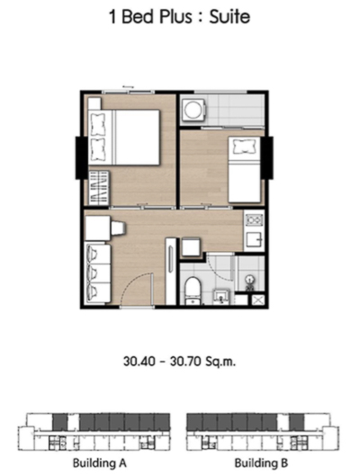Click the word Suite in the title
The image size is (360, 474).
[229, 16]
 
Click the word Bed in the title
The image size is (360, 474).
[138, 16]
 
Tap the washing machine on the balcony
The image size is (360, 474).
[193, 110]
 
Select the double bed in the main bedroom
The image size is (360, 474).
[123, 138]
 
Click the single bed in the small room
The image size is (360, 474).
[244, 169]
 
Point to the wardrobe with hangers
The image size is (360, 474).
[98, 188]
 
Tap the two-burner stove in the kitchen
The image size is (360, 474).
[254, 219]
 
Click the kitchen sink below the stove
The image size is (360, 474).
[254, 239]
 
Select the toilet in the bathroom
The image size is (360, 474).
[193, 291]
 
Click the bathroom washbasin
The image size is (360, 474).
[221, 296]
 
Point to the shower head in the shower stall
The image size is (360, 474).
[250, 281]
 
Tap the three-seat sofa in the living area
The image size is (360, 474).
[97, 273]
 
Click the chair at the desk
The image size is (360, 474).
[118, 228]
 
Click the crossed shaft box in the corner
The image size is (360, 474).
[258, 300]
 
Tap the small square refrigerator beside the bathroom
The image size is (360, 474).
[191, 247]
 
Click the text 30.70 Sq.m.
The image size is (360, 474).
[202, 361]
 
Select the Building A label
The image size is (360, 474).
[100, 463]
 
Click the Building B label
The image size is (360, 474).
[261, 463]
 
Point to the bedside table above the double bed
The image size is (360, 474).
[94, 103]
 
